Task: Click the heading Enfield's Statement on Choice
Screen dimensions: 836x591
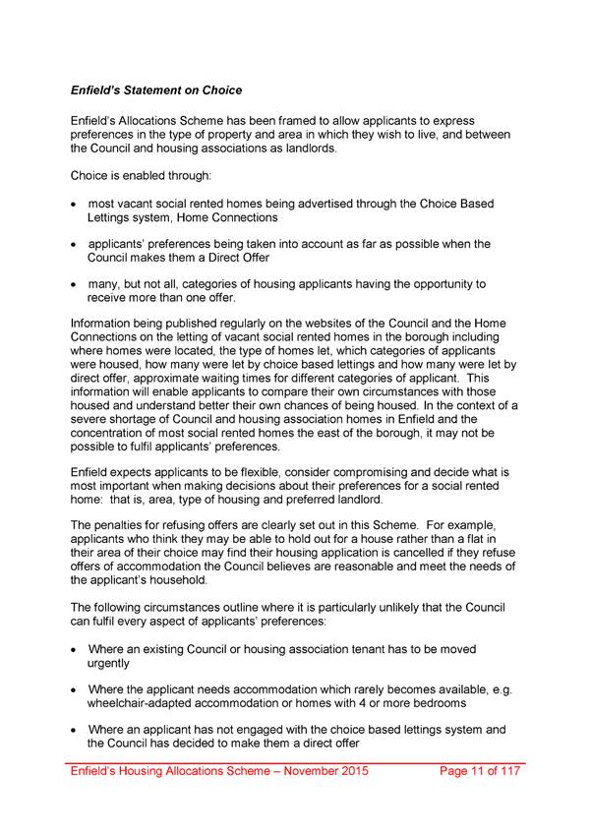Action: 155,91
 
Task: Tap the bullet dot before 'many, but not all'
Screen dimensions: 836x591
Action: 75,285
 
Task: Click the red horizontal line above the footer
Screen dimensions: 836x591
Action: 295,762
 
